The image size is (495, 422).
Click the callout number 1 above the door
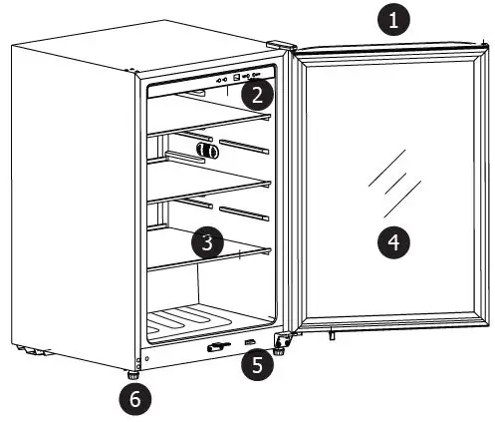coord(397,20)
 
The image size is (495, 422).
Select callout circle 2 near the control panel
coord(258,96)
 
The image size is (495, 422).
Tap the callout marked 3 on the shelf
coord(205,241)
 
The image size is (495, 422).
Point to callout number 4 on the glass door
coord(395,240)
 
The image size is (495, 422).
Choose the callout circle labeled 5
coord(258,364)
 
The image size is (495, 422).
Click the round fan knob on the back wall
coord(208,150)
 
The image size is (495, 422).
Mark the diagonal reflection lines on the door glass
coord(383,186)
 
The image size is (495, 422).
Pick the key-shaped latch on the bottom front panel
coord(214,348)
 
